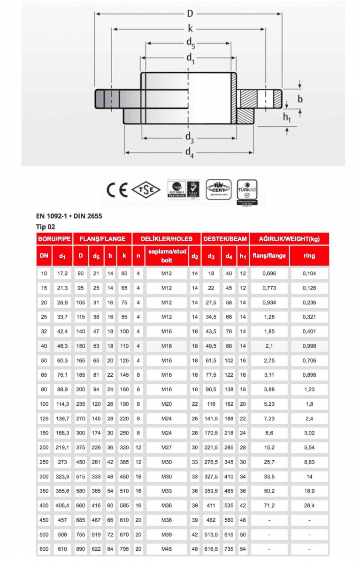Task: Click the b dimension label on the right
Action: point(300,99)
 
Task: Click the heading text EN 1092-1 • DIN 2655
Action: point(69,216)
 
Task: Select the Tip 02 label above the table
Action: point(46,227)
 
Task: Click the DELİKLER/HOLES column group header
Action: point(167,239)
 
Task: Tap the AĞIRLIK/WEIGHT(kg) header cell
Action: point(289,239)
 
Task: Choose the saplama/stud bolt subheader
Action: point(168,256)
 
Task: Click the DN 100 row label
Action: point(44,404)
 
